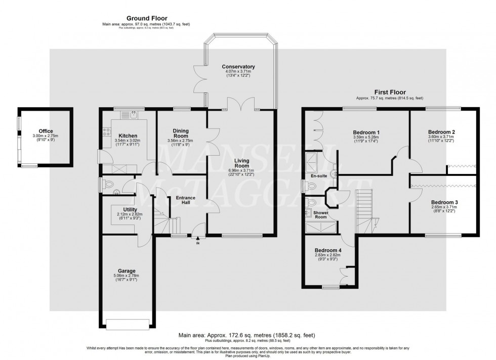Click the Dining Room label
coord(180,133)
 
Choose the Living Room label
coord(242,163)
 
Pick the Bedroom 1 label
coord(366,132)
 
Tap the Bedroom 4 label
coord(328,250)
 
